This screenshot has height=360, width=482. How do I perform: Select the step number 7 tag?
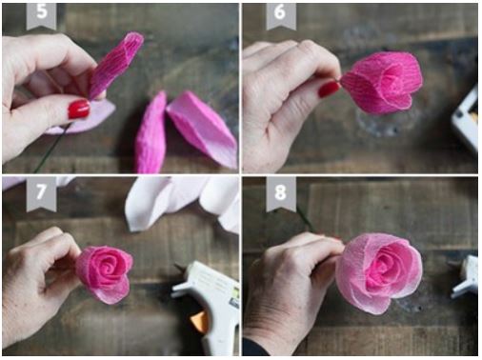pyautogui.click(x=41, y=190)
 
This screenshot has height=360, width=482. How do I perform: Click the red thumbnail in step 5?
pyautogui.click(x=78, y=110)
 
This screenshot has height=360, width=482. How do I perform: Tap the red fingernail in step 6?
pyautogui.click(x=329, y=90)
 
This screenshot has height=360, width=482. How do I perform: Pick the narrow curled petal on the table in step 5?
pyautogui.click(x=151, y=133)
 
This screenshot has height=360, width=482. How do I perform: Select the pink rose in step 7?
pyautogui.click(x=103, y=270)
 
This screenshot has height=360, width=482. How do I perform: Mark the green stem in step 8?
pyautogui.click(x=304, y=220)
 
